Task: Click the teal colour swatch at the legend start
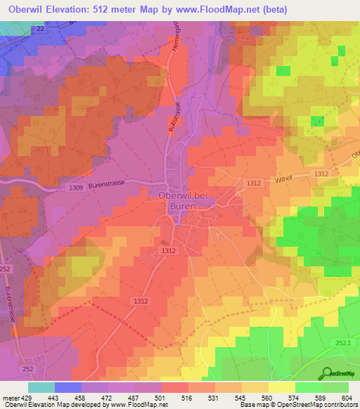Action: (41, 387)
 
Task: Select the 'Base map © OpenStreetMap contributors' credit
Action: (297, 405)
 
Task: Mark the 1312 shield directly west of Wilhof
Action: (254, 183)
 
